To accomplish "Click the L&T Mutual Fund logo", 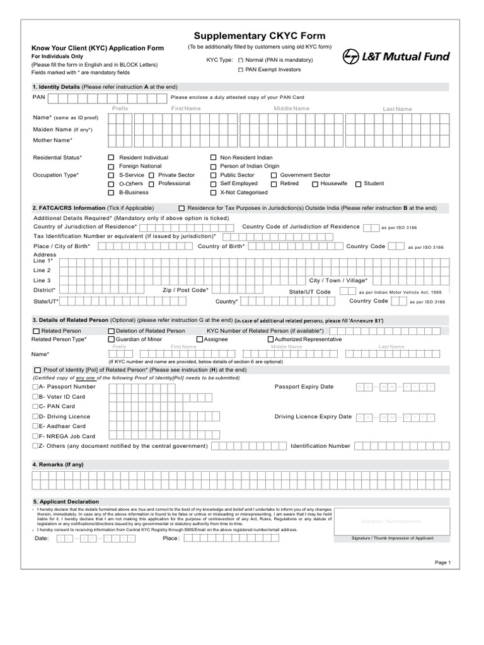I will click(396, 57).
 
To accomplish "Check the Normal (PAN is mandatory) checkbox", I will click(240, 60).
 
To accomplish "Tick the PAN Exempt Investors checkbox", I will click(240, 70).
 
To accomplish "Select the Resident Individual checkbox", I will click(112, 157).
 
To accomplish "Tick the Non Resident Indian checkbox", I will click(214, 157).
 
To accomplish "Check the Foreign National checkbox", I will click(112, 166).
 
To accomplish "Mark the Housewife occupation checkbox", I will click(315, 184).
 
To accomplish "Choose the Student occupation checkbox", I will click(358, 184).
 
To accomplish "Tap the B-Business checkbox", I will click(112, 193).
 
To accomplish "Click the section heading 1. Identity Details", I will click(56, 86).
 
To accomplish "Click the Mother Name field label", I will click(53, 140).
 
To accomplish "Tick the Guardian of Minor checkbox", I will click(112, 340).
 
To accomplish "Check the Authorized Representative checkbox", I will click(270, 340).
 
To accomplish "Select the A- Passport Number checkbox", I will click(35, 387).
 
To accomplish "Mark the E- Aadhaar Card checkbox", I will click(35, 426).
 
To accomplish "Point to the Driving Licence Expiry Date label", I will click(313, 417).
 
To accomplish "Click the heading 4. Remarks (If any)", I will click(58, 464).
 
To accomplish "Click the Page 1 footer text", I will click(443, 562).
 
